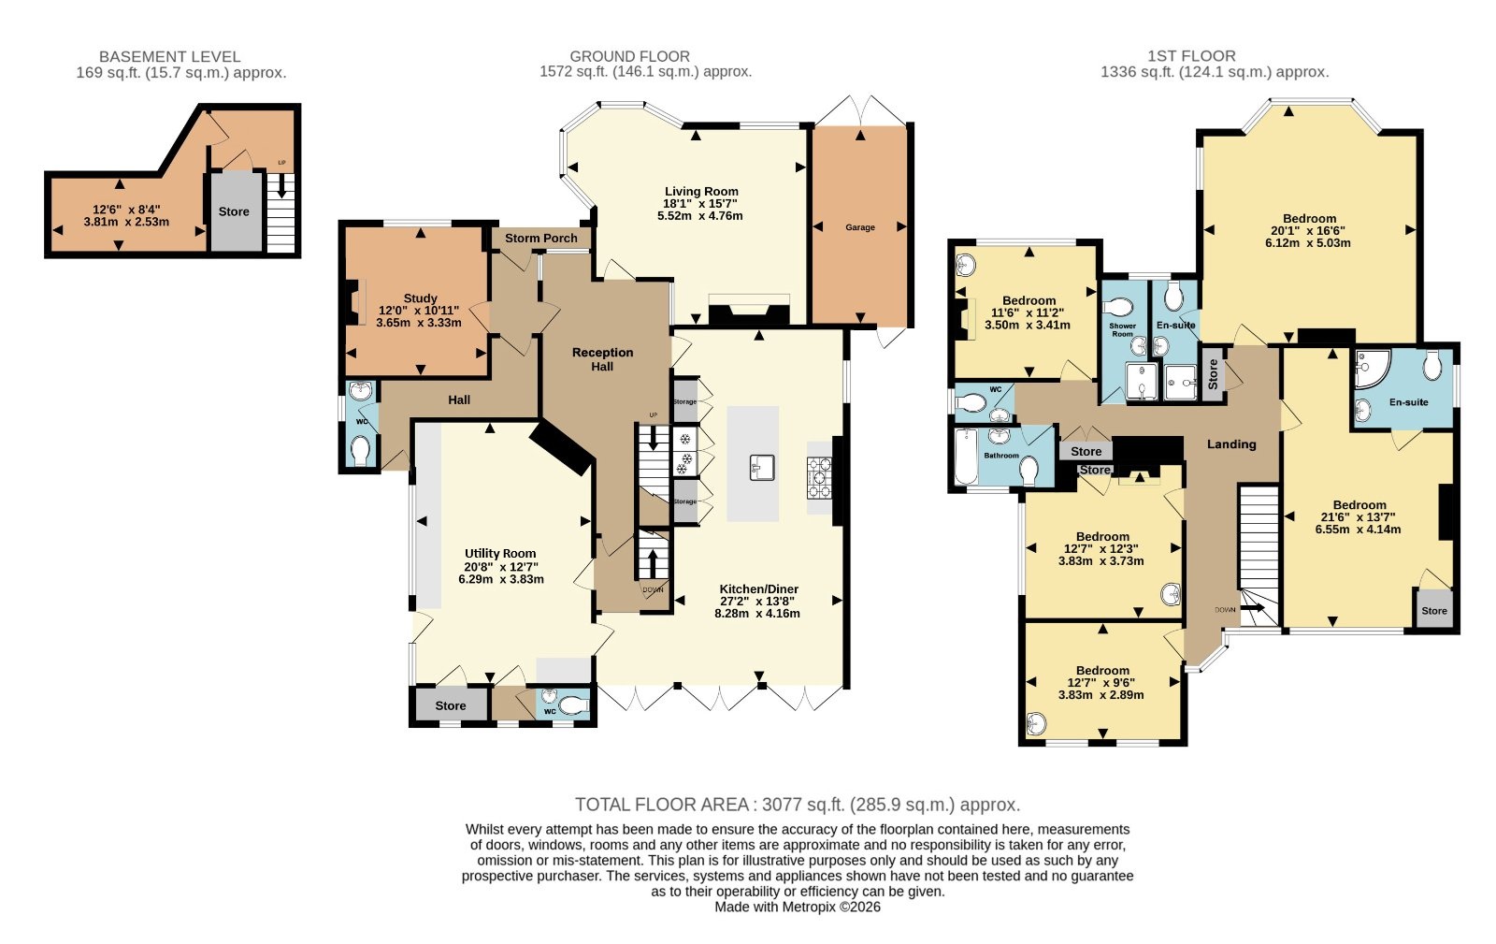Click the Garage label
859,227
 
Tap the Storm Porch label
541,239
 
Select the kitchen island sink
762,468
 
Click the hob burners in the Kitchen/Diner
819,478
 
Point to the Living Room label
701,191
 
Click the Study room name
420,298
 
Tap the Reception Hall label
602,359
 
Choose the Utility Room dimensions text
501,574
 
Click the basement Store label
234,211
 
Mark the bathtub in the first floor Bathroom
966,457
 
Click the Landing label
1231,444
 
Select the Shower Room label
1123,330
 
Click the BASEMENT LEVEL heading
169,57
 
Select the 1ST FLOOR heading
1191,56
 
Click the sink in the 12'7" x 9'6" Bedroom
1036,723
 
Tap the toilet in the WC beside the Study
361,450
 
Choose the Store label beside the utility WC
451,706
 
